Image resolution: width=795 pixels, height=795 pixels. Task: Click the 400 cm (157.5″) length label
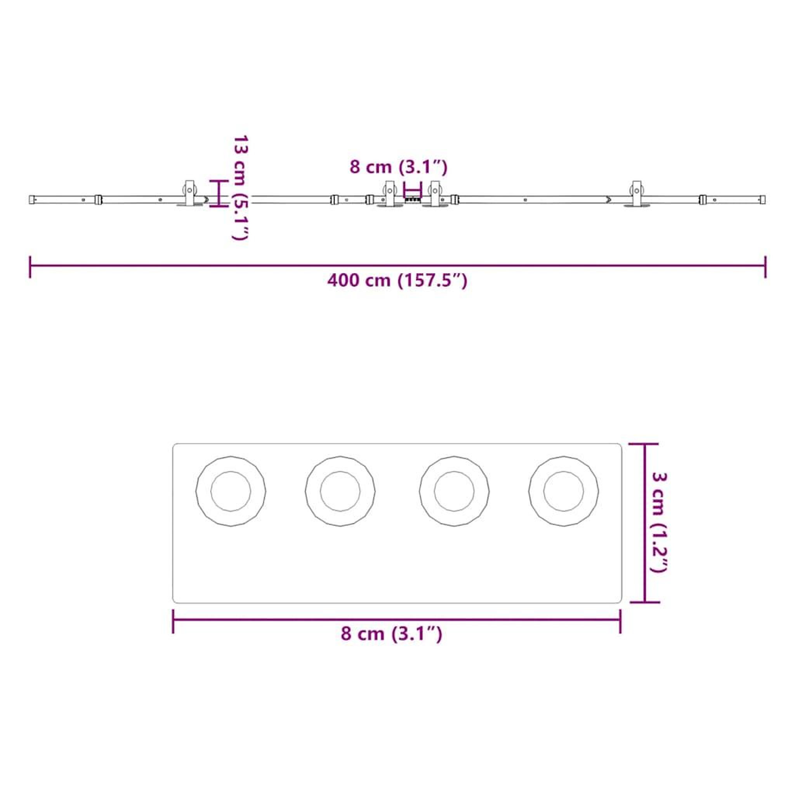397,281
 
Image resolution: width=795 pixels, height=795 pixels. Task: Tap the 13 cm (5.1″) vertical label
240,187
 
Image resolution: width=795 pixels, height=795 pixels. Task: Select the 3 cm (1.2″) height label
659,522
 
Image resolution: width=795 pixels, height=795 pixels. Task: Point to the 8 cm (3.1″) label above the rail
398,167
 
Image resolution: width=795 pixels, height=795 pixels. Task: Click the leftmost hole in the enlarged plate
231,491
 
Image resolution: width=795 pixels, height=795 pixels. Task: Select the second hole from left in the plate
340,491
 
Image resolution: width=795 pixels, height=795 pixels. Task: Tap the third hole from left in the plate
454,491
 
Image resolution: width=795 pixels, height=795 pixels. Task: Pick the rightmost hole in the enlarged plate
563,491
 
